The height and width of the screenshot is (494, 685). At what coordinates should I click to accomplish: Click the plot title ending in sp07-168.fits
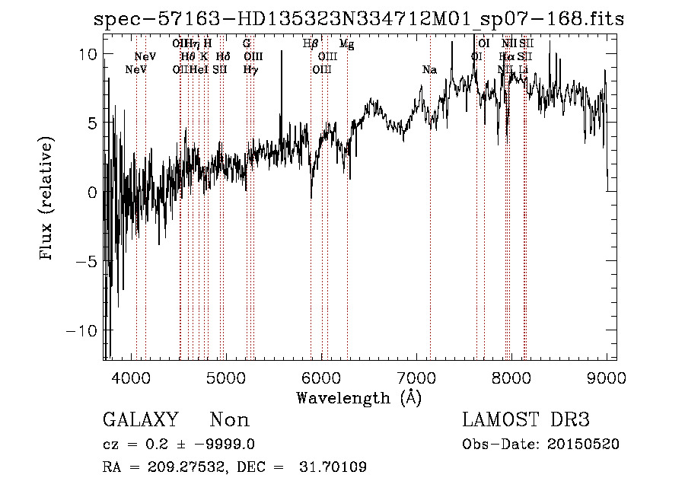point(358,19)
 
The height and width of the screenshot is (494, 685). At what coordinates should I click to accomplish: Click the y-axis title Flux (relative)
point(47,199)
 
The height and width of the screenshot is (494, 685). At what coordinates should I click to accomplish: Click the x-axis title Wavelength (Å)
point(358,397)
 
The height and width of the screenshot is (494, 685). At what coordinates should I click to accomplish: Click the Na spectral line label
point(429,70)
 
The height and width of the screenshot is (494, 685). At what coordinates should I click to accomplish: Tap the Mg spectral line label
point(346,44)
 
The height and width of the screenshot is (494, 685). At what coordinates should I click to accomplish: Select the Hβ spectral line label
point(311,44)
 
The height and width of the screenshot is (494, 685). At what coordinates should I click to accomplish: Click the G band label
point(247,44)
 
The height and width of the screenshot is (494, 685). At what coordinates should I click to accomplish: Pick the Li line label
point(523,70)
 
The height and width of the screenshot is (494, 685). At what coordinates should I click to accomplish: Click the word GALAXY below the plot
point(141,420)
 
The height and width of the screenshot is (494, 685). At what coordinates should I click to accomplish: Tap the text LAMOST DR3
point(526,420)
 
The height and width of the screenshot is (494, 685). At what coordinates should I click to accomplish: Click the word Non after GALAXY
point(230,420)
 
